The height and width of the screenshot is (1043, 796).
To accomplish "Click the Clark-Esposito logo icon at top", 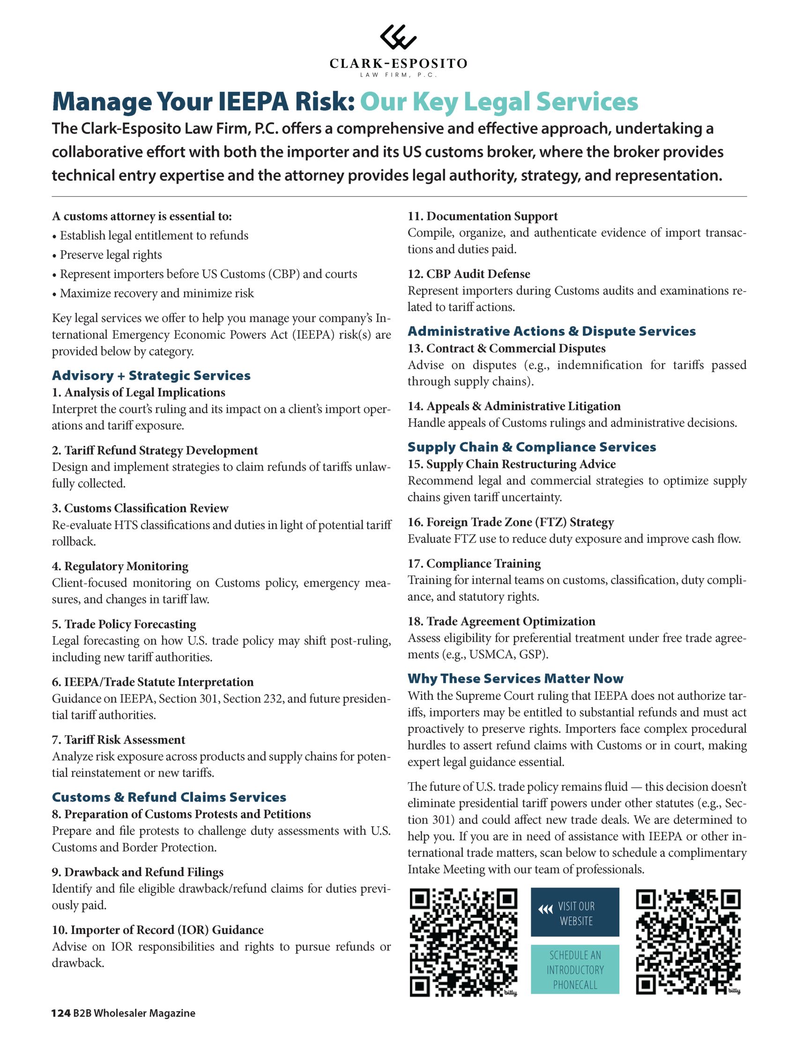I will (398, 37).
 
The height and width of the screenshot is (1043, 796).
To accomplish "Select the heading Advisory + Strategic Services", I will (151, 375).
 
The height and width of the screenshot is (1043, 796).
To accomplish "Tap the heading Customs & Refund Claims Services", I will (169, 797).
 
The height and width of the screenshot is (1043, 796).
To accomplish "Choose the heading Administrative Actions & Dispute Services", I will (551, 331).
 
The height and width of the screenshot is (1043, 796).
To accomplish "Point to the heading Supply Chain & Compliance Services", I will (532, 447).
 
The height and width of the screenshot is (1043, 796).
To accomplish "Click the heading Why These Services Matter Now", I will (515, 678).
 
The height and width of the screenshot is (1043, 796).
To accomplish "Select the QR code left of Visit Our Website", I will (463, 943).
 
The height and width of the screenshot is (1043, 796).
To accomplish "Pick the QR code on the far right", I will (688, 943).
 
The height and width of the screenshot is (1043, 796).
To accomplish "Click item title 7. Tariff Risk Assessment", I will (119, 740).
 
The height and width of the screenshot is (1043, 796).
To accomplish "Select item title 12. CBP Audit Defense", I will (469, 274).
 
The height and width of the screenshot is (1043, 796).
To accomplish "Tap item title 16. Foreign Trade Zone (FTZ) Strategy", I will (510, 522).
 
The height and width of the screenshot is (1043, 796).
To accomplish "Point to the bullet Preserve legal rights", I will (111, 255).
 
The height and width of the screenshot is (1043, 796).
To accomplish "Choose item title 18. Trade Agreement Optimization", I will (501, 621).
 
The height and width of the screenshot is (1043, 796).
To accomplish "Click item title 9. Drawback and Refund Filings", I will (137, 872).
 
